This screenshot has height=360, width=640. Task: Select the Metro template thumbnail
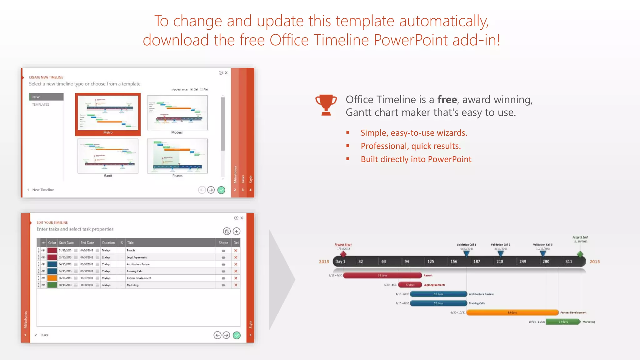point(108,114)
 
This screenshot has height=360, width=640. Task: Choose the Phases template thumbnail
point(177,156)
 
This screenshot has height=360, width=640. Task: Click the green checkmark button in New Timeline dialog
point(221,190)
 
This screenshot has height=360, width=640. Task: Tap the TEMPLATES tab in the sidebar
point(41,105)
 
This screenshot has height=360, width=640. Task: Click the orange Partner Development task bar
point(512,312)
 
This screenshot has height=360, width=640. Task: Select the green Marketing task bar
point(562,322)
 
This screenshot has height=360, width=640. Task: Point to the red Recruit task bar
point(382,276)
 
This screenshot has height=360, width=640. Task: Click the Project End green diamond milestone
point(580,254)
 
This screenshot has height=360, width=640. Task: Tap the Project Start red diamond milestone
point(343,254)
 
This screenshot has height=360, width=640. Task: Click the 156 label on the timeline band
point(454,262)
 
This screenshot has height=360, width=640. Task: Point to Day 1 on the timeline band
point(340,262)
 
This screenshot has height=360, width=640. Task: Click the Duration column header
point(108,243)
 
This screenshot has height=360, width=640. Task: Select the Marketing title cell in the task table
point(133,285)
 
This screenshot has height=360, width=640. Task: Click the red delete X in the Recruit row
point(236,251)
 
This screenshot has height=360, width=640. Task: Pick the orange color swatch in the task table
point(52,278)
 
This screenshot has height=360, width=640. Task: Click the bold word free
point(447,100)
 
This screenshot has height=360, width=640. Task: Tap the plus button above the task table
point(237,231)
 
